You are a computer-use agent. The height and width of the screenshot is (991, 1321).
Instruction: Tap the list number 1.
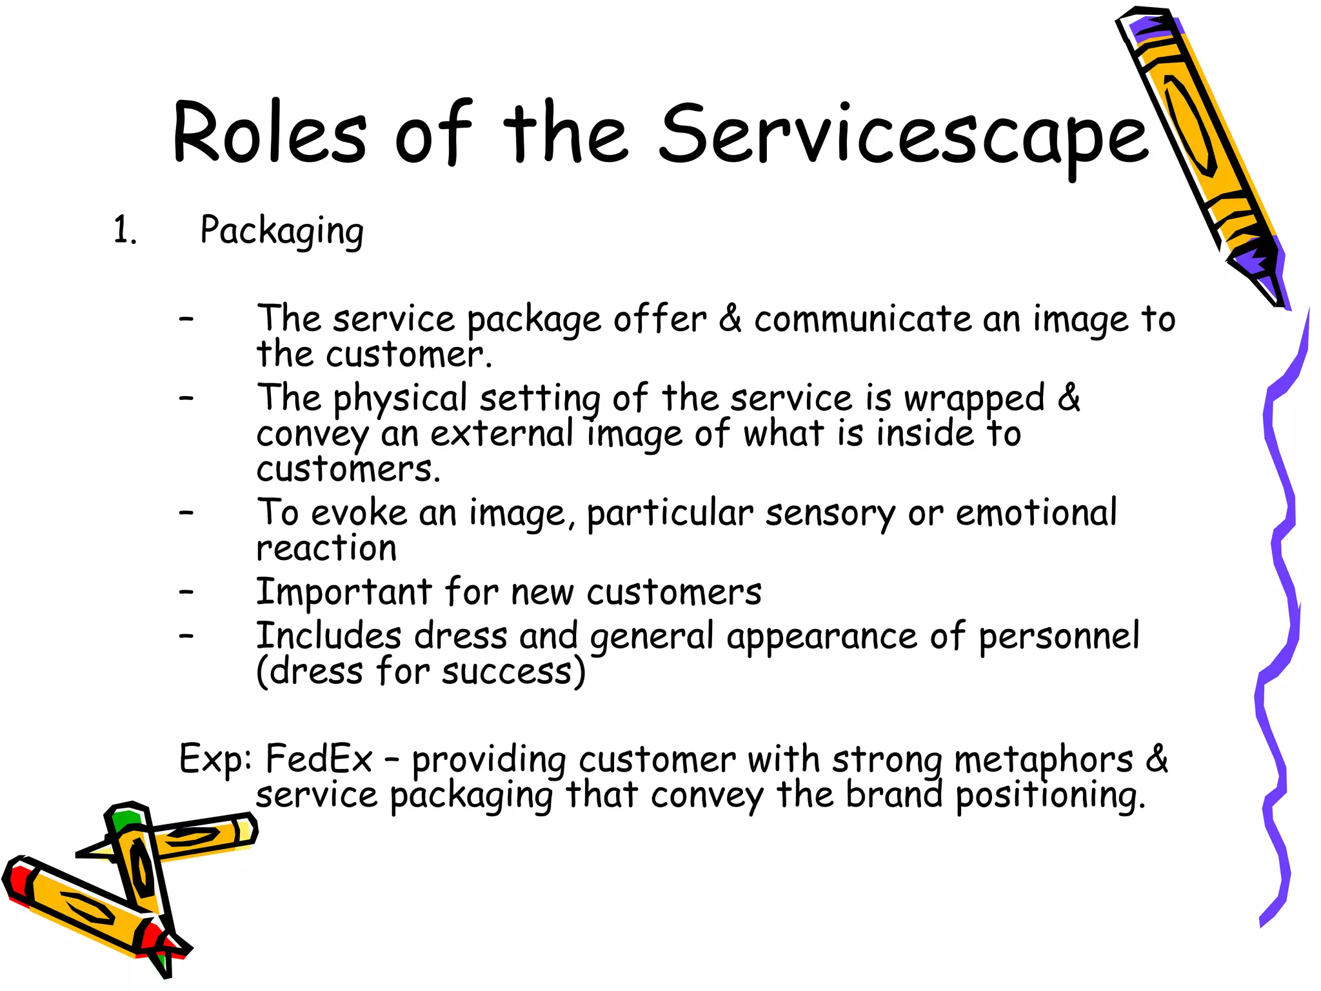tap(124, 230)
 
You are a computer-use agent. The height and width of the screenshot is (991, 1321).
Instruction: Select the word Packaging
tap(282, 232)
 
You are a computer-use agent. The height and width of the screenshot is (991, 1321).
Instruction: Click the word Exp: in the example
tap(215, 759)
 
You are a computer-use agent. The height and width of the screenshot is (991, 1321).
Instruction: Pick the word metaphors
tap(1043, 760)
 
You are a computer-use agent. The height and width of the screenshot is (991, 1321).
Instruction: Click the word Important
tap(344, 592)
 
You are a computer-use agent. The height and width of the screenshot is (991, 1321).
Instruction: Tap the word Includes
tap(329, 636)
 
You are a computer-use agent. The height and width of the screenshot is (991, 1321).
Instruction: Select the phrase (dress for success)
tap(421, 672)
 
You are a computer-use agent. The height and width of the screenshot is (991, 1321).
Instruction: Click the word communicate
tap(862, 319)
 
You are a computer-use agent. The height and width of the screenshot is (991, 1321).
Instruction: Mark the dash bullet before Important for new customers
tap(186, 592)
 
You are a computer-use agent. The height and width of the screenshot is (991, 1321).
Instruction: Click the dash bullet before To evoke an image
tap(186, 513)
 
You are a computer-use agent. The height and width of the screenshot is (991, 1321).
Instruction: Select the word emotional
tap(1036, 514)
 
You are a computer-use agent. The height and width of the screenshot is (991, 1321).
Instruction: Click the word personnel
tap(1058, 637)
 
